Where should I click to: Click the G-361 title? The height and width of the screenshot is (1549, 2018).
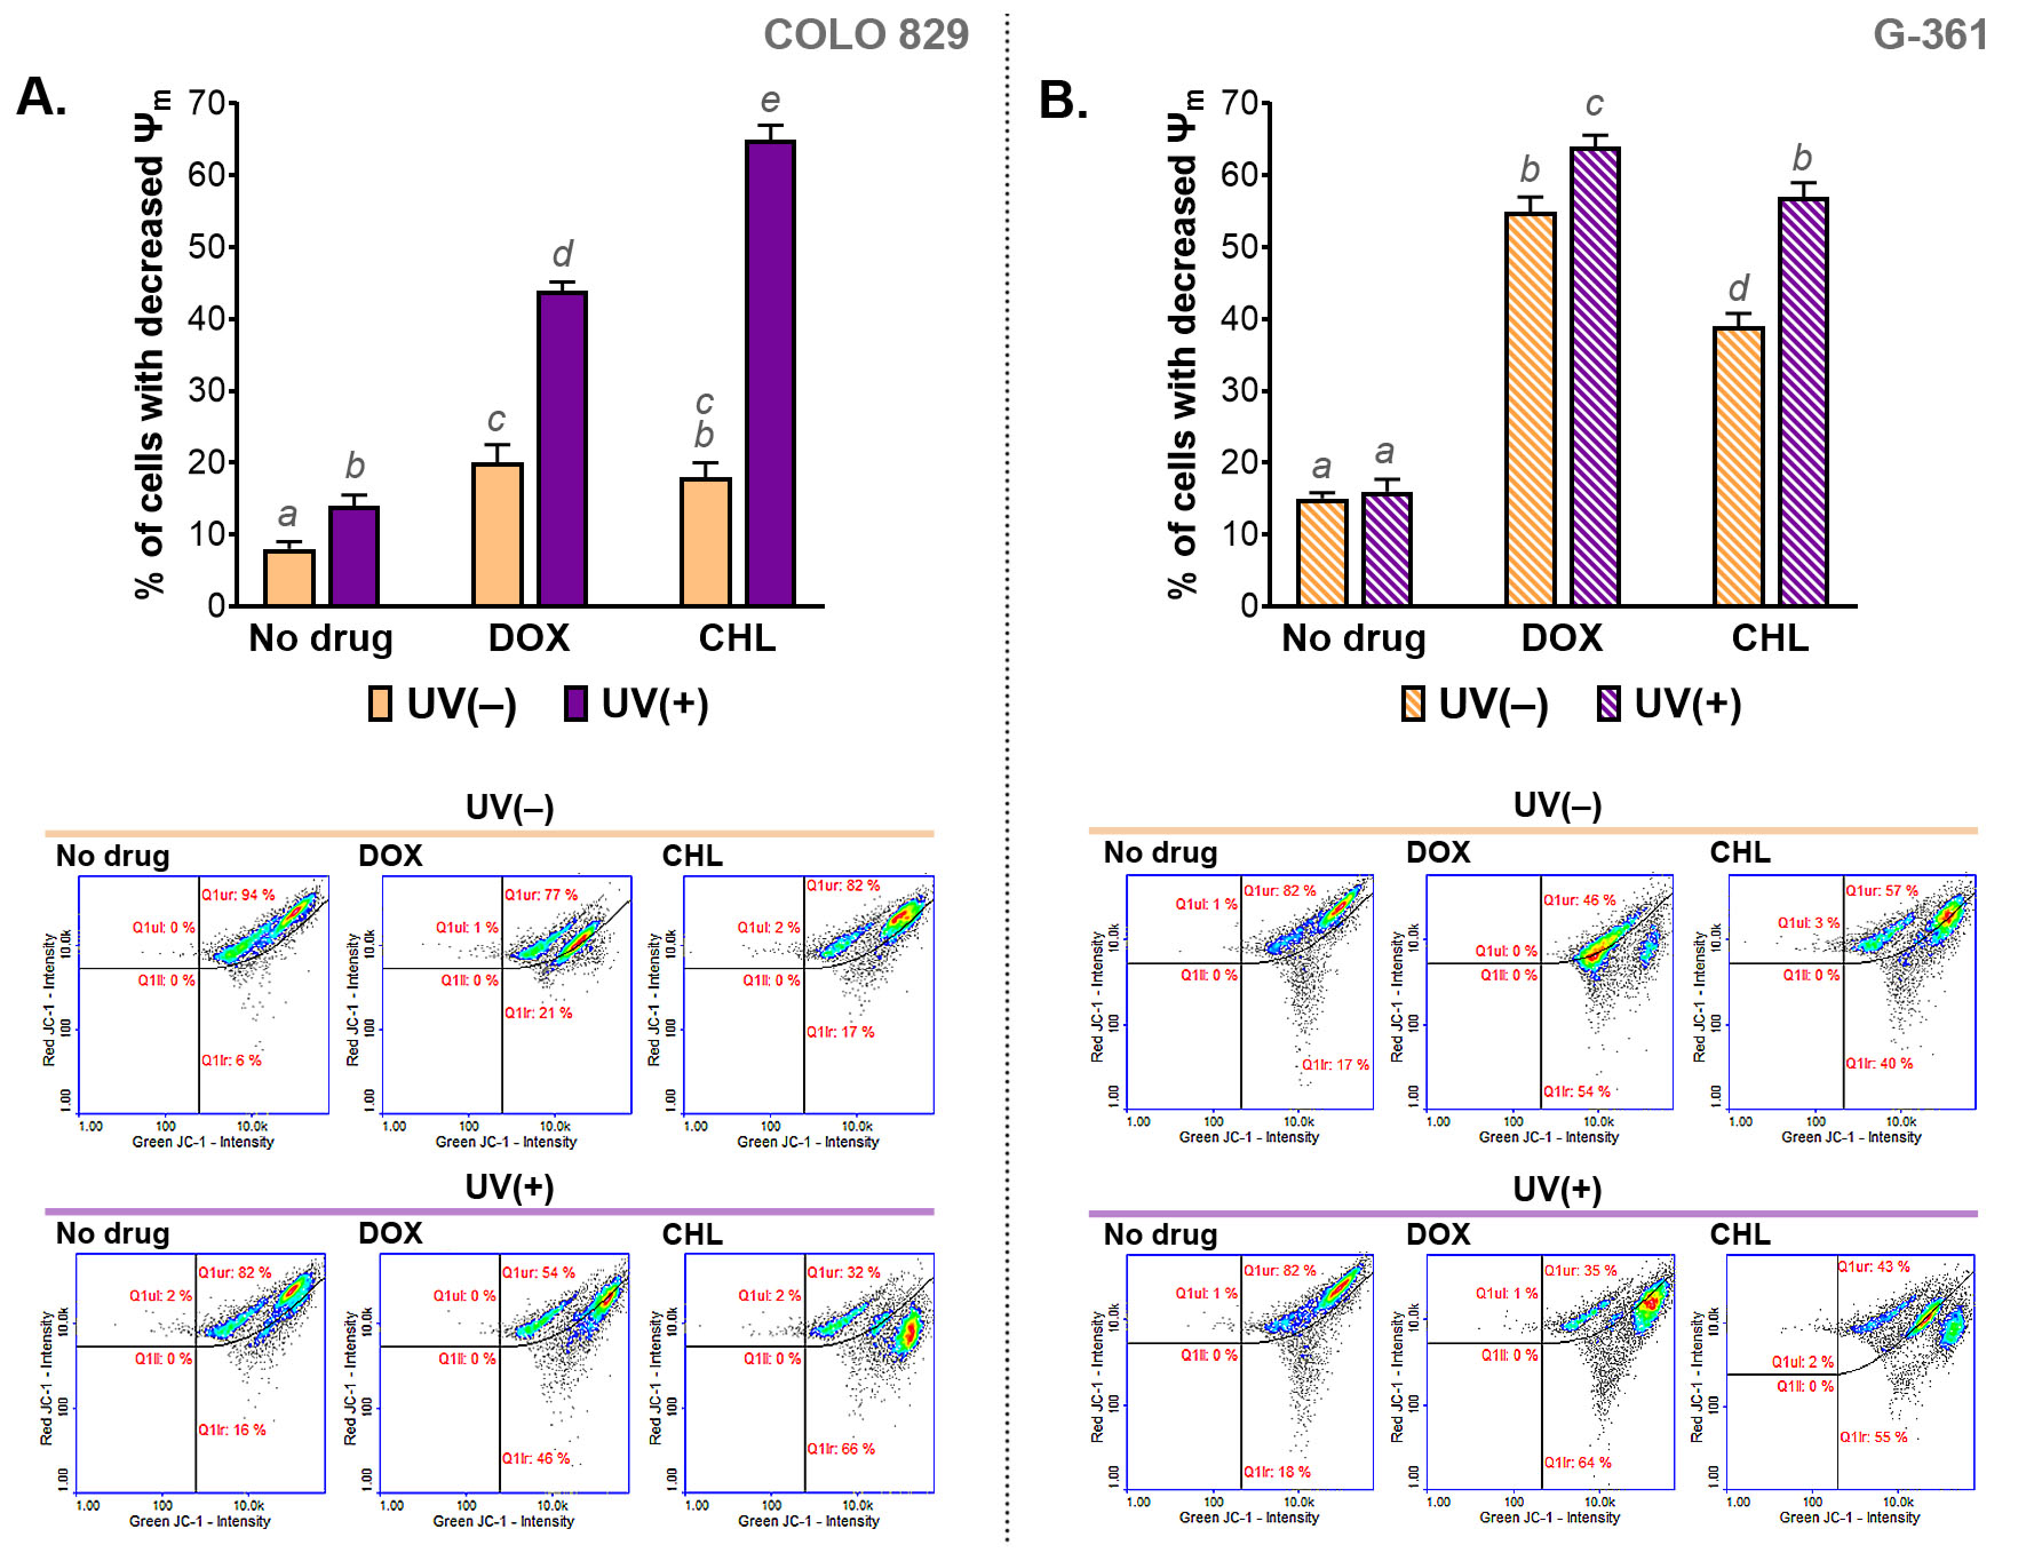coord(1929,35)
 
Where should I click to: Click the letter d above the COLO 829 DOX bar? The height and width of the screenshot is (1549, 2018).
coord(562,253)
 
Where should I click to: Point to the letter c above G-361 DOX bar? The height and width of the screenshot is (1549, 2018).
coord(1594,104)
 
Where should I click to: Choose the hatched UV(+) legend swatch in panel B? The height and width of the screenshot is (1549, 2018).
coord(1608,704)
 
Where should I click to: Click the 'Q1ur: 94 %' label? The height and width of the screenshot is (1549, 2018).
coord(238,895)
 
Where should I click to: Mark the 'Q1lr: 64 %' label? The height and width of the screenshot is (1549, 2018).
coord(1578,1462)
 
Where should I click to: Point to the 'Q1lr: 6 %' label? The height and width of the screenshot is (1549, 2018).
coord(232,1061)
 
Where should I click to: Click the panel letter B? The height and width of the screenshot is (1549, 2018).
coord(1062,100)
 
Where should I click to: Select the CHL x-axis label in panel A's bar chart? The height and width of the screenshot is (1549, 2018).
coord(737,638)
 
